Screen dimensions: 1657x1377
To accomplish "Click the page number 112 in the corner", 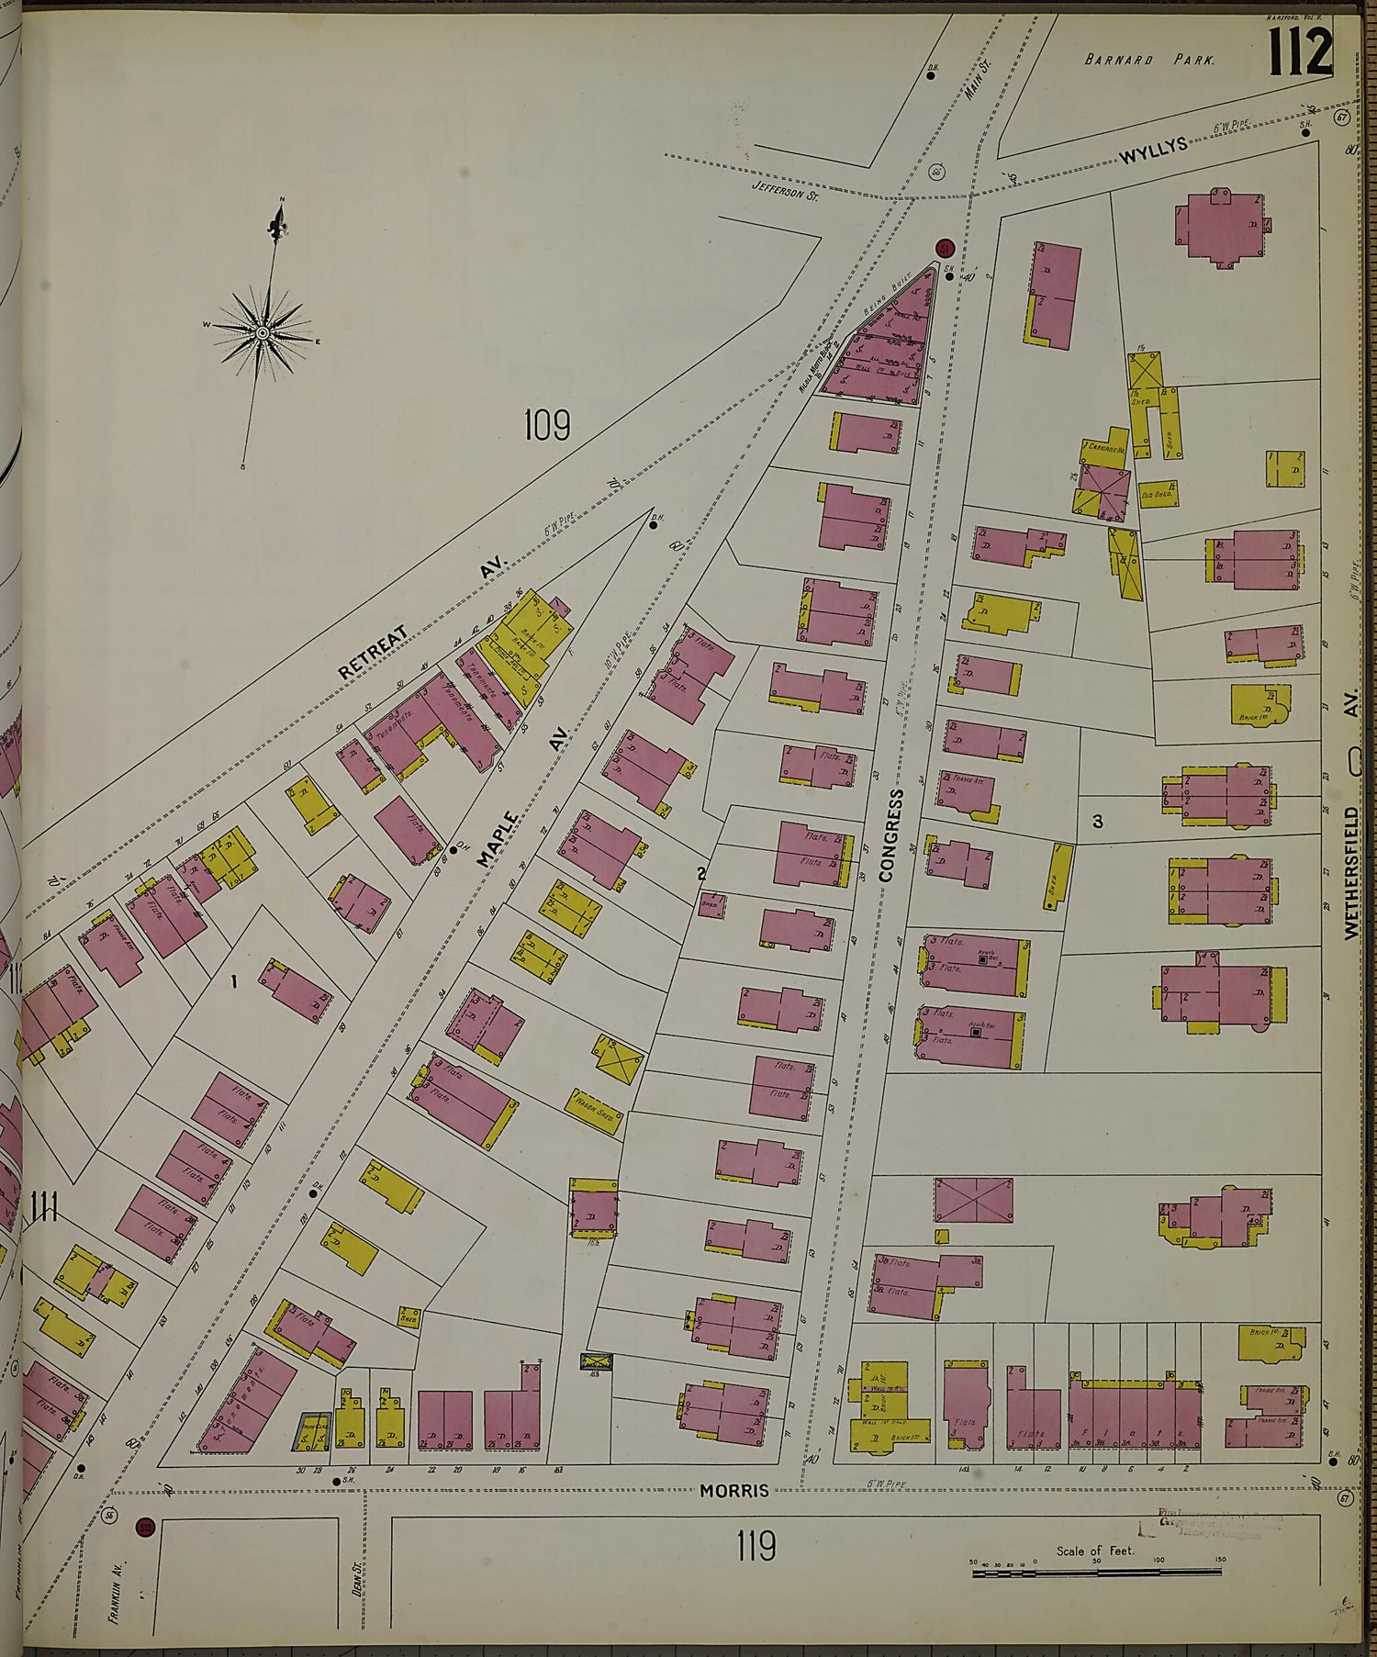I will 1301,52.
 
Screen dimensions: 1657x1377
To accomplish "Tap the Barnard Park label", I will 1149,60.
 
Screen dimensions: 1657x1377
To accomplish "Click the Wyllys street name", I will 1154,151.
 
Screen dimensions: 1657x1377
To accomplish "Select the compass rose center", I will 262,331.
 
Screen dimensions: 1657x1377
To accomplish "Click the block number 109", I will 547,426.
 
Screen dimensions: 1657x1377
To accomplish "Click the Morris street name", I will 733,1492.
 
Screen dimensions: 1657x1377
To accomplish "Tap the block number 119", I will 756,1546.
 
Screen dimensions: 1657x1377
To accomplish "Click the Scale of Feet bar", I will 1096,1573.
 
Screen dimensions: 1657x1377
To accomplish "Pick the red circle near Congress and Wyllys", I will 945,248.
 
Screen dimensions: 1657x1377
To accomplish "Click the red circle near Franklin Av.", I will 143,1528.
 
